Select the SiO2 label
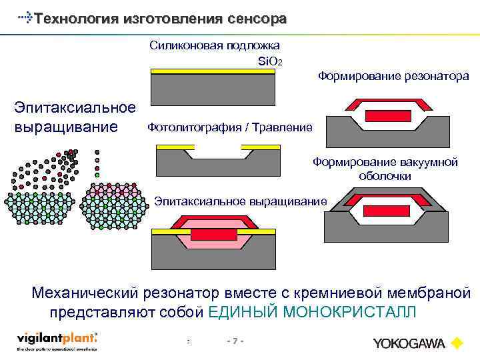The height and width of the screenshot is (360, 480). point(271,62)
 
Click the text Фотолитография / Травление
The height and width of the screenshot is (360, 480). point(229,127)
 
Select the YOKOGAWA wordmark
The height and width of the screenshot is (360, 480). point(409,343)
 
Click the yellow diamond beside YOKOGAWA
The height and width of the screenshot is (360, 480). point(457,343)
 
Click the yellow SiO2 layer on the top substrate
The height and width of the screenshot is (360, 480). point(213,71)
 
